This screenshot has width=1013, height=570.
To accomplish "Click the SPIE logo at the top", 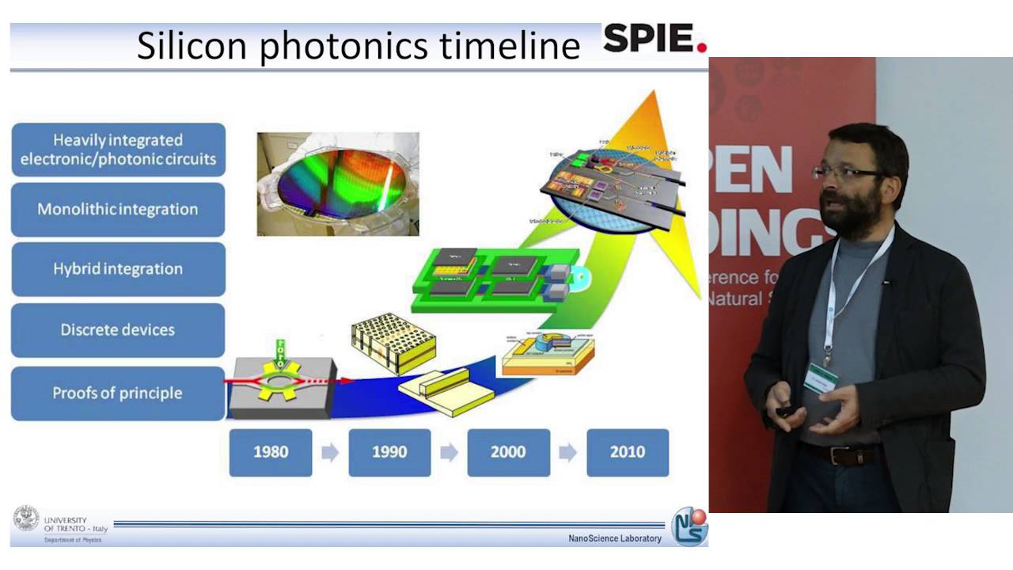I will (x=654, y=39).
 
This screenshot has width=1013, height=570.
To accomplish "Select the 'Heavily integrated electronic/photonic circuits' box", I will (x=118, y=150).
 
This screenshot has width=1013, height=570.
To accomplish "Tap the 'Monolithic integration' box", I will (x=118, y=210).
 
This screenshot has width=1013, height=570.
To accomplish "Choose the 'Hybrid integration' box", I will (x=118, y=269).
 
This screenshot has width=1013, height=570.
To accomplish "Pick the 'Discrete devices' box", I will (x=118, y=329).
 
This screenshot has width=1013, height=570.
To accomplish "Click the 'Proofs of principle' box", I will (x=118, y=393).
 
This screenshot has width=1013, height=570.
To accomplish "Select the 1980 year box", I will (x=271, y=452).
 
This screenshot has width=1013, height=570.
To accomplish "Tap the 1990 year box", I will (x=389, y=452).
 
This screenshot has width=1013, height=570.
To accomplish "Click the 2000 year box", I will (x=508, y=452).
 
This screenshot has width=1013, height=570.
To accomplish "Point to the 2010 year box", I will (x=627, y=452).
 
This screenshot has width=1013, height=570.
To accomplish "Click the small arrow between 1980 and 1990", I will (x=330, y=452).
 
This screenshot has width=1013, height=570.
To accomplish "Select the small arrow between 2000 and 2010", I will (x=567, y=452).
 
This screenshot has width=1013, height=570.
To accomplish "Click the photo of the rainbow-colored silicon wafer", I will (x=338, y=184).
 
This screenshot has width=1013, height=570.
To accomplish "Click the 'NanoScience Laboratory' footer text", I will (x=614, y=538).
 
